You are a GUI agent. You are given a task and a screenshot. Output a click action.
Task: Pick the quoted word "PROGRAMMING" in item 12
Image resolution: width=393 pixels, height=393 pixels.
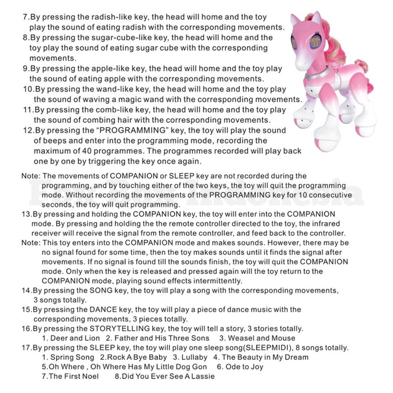click(x=132, y=130)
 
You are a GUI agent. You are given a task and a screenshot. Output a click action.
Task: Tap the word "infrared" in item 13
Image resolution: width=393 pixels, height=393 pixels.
click(x=327, y=224)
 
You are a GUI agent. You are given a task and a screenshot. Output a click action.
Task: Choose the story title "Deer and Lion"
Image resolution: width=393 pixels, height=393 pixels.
click(x=75, y=338)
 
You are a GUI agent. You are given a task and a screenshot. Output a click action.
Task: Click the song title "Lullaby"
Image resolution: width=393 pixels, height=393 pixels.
click(x=194, y=357)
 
